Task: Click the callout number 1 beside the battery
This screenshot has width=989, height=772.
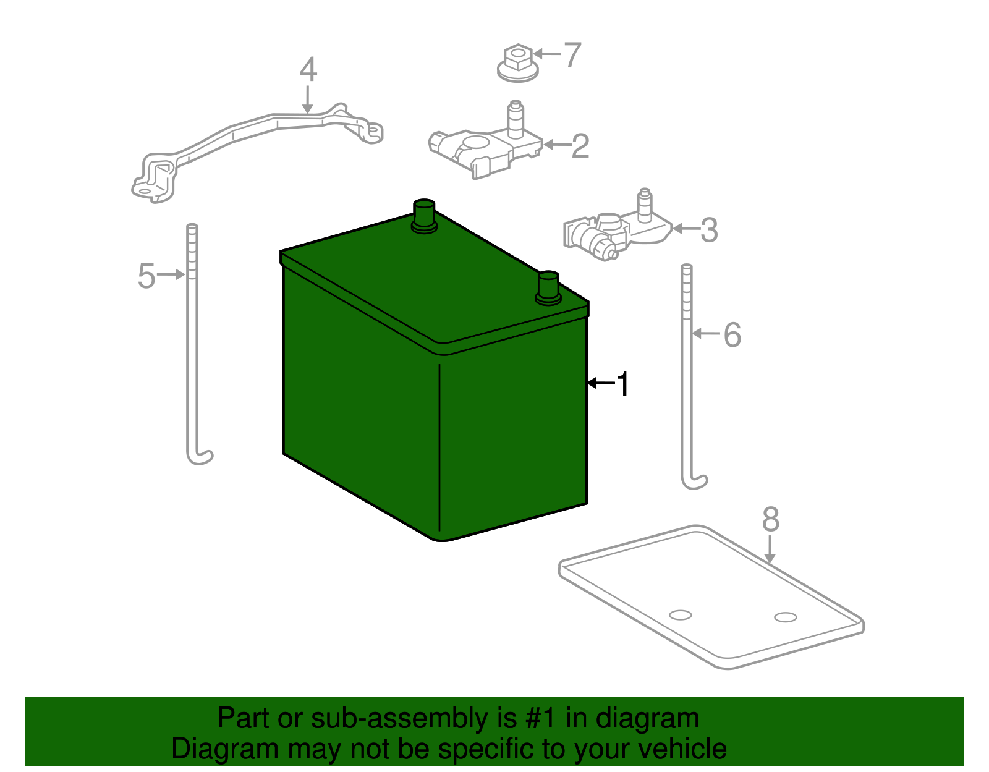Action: (x=622, y=384)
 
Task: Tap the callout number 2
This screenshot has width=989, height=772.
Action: (x=580, y=146)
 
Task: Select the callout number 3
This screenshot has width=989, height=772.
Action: (x=709, y=230)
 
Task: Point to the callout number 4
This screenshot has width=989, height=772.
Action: (x=308, y=70)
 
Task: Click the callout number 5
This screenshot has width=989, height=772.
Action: (x=146, y=276)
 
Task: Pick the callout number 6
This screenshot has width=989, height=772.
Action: (x=732, y=335)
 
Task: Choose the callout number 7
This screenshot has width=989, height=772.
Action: (x=572, y=54)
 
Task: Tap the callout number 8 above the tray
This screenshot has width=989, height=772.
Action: (x=771, y=519)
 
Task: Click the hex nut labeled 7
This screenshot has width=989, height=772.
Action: (x=518, y=63)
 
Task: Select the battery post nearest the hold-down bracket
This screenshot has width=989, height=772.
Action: (x=424, y=216)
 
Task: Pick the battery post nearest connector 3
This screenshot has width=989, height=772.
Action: (x=548, y=287)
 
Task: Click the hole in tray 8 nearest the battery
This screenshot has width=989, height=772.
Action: (x=681, y=615)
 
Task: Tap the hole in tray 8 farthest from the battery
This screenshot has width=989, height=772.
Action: (x=786, y=617)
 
